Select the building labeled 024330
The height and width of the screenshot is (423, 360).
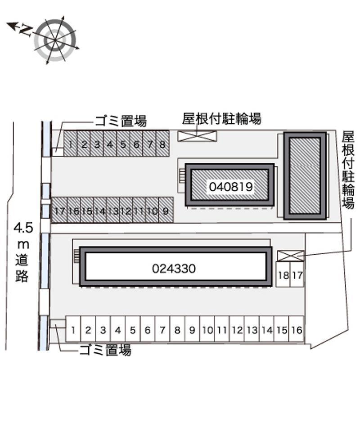coord(175,266)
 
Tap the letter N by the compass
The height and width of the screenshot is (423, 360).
coord(26,30)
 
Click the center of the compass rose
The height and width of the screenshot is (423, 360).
coord(55,40)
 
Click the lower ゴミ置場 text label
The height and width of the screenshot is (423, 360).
coord(105,350)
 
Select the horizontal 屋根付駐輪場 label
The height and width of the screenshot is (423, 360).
coord(221,119)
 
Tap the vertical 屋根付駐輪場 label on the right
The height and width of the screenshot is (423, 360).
coord(348,170)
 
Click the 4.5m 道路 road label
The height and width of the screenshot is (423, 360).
coord(23,252)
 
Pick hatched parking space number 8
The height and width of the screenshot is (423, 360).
coord(162,144)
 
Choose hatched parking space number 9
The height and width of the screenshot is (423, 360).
coord(166,210)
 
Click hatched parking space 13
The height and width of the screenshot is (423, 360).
coord(113,210)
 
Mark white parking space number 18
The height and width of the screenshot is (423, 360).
coord(283,274)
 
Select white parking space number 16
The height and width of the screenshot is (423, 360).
coord(297,329)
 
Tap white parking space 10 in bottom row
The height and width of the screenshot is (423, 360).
coord(207,329)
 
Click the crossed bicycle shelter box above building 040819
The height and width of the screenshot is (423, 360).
coord(197,136)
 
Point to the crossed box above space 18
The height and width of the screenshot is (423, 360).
coord(291,256)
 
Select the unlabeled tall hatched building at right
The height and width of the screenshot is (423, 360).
coord(305,175)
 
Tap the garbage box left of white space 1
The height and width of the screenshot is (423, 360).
coord(58,324)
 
